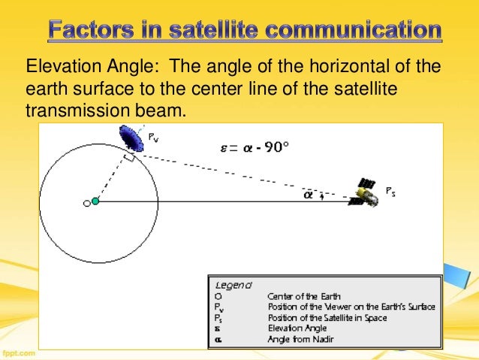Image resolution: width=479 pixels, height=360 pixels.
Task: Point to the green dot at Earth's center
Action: pyautogui.click(x=95, y=201)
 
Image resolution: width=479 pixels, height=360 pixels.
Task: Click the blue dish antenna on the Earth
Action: pyautogui.click(x=134, y=138)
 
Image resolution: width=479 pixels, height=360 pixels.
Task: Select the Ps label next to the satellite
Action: pyautogui.click(x=390, y=192)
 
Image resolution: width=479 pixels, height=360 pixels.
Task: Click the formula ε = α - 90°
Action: pyautogui.click(x=254, y=147)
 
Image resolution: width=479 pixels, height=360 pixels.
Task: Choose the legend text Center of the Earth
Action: pyautogui.click(x=300, y=297)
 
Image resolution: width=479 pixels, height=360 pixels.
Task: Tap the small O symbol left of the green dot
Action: pyautogui.click(x=86, y=202)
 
